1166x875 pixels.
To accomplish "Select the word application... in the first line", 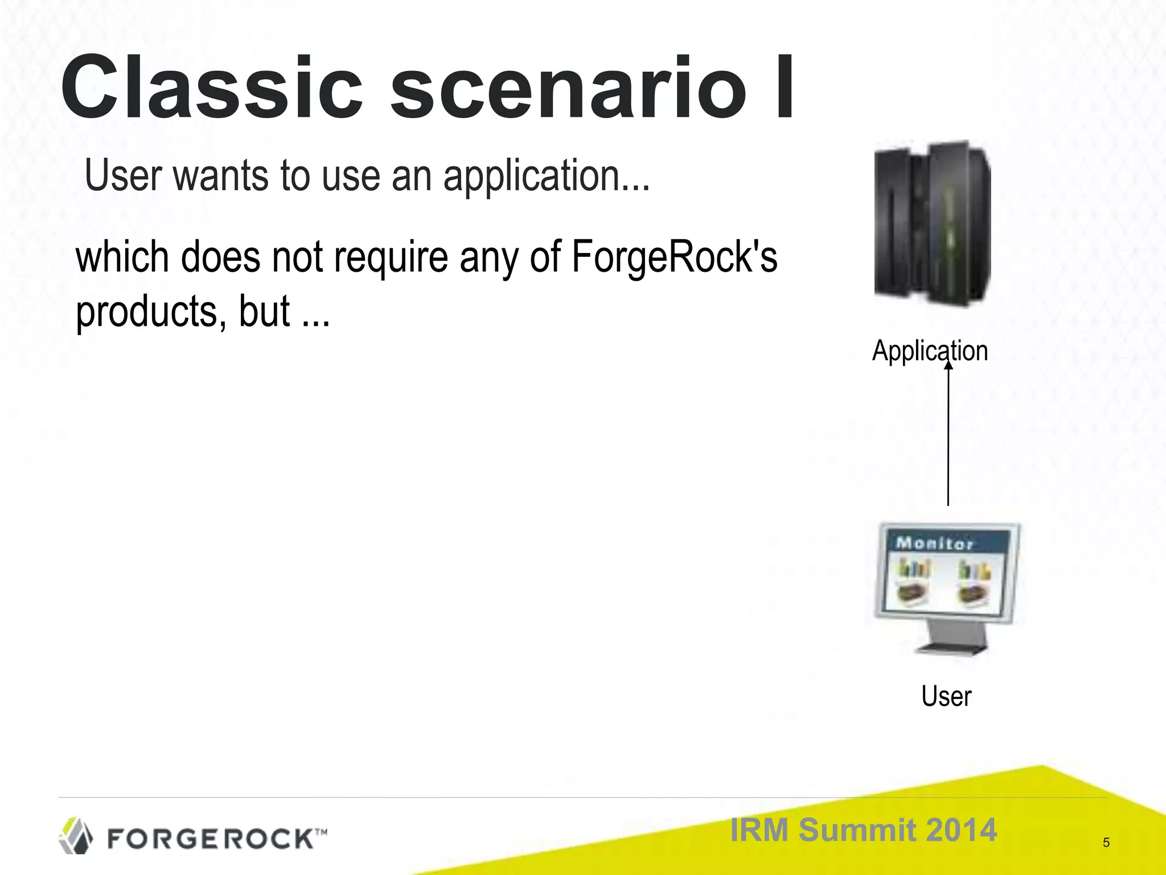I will pos(546,177).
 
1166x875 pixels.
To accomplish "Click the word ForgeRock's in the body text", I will pos(674,257).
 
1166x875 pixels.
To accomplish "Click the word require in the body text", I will pos(391,257).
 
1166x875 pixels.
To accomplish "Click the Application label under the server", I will pos(930,350).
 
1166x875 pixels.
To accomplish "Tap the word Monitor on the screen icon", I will pos(934,543).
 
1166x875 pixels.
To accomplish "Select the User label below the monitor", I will pos(946,696).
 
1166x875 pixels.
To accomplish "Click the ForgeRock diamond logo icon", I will pos(76,836).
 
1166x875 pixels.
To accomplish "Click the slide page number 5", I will pos(1106,843).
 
